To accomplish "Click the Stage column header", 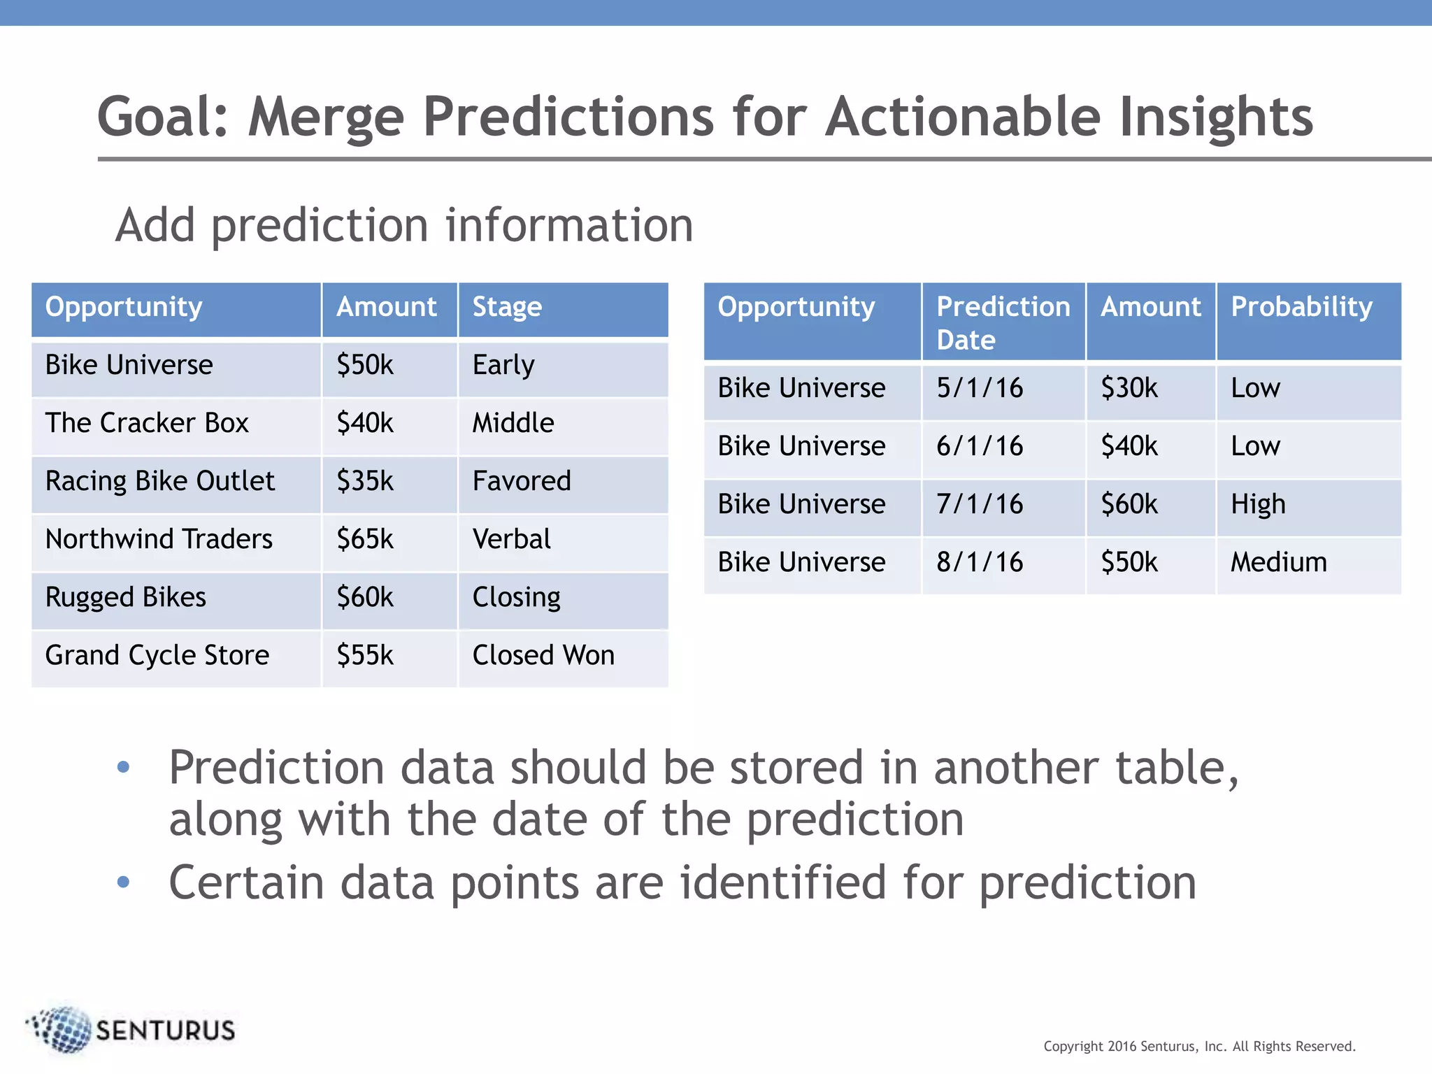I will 507,308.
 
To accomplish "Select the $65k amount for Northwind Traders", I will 365,539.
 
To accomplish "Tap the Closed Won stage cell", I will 543,655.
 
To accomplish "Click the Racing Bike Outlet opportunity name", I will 160,481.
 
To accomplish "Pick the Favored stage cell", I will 522,481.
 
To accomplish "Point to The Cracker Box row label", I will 147,423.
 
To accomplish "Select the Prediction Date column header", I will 1003,322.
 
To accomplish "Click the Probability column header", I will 1301,308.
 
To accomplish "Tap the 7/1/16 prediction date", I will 980,504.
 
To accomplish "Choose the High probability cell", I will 1258,504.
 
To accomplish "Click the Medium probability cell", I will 1278,562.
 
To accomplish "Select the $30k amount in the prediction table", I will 1129,388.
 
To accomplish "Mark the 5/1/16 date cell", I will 980,388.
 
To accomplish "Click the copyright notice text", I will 1199,1046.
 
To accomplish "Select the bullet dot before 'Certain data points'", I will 124,882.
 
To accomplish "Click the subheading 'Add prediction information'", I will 404,225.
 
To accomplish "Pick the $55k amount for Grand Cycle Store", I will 365,655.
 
